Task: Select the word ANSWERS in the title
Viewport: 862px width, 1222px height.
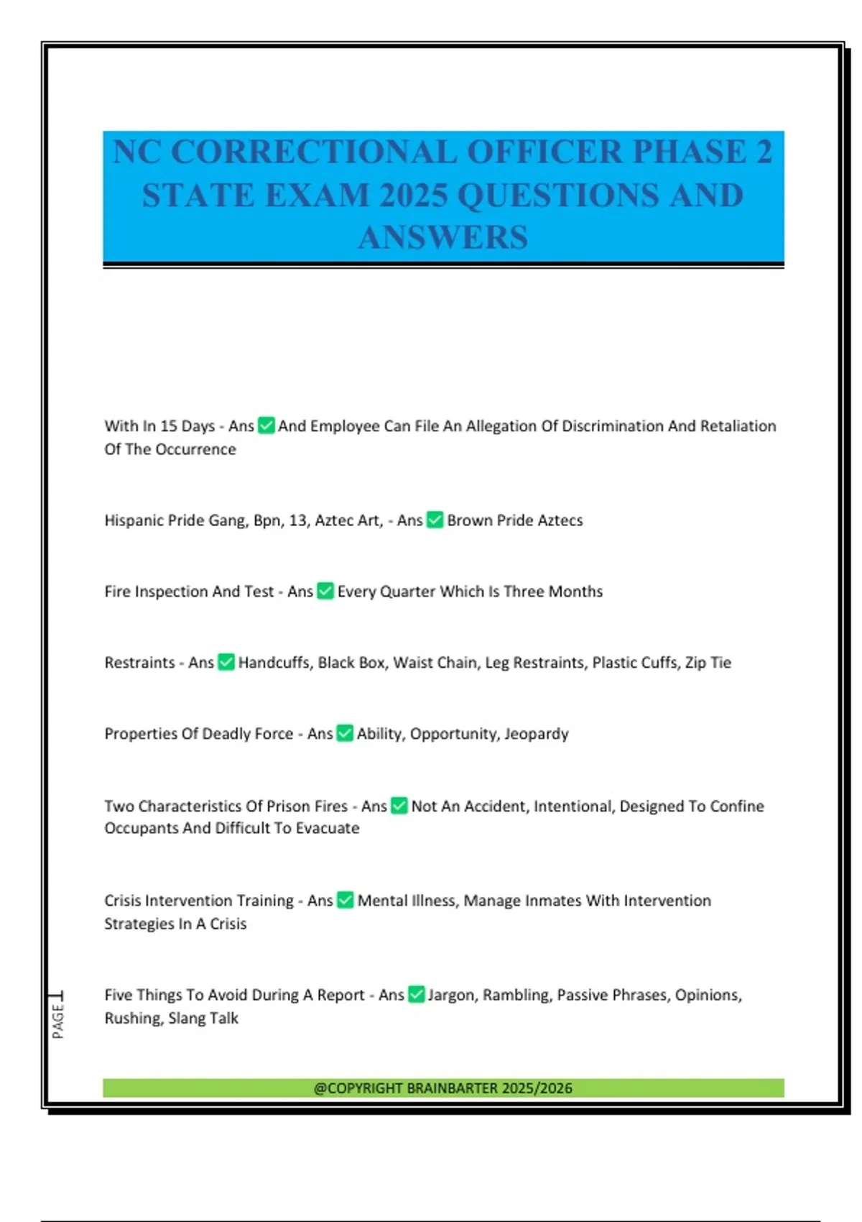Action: [x=443, y=238]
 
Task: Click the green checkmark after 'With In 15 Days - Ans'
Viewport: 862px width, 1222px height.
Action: [x=267, y=426]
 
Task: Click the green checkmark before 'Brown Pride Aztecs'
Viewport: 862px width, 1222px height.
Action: [x=435, y=520]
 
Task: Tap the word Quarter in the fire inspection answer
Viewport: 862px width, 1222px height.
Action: [x=407, y=592]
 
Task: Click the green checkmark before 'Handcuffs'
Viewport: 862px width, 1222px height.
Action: [x=226, y=662]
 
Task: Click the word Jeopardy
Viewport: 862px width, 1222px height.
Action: [x=536, y=734]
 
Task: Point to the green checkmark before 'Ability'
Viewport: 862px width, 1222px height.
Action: [x=345, y=733]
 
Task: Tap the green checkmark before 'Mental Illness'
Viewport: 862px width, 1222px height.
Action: [x=346, y=900]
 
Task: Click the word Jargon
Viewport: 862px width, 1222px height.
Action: [x=451, y=995]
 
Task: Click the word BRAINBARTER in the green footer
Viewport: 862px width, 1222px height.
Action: [x=452, y=1088]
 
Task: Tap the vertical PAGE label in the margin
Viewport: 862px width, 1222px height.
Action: [x=58, y=1019]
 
